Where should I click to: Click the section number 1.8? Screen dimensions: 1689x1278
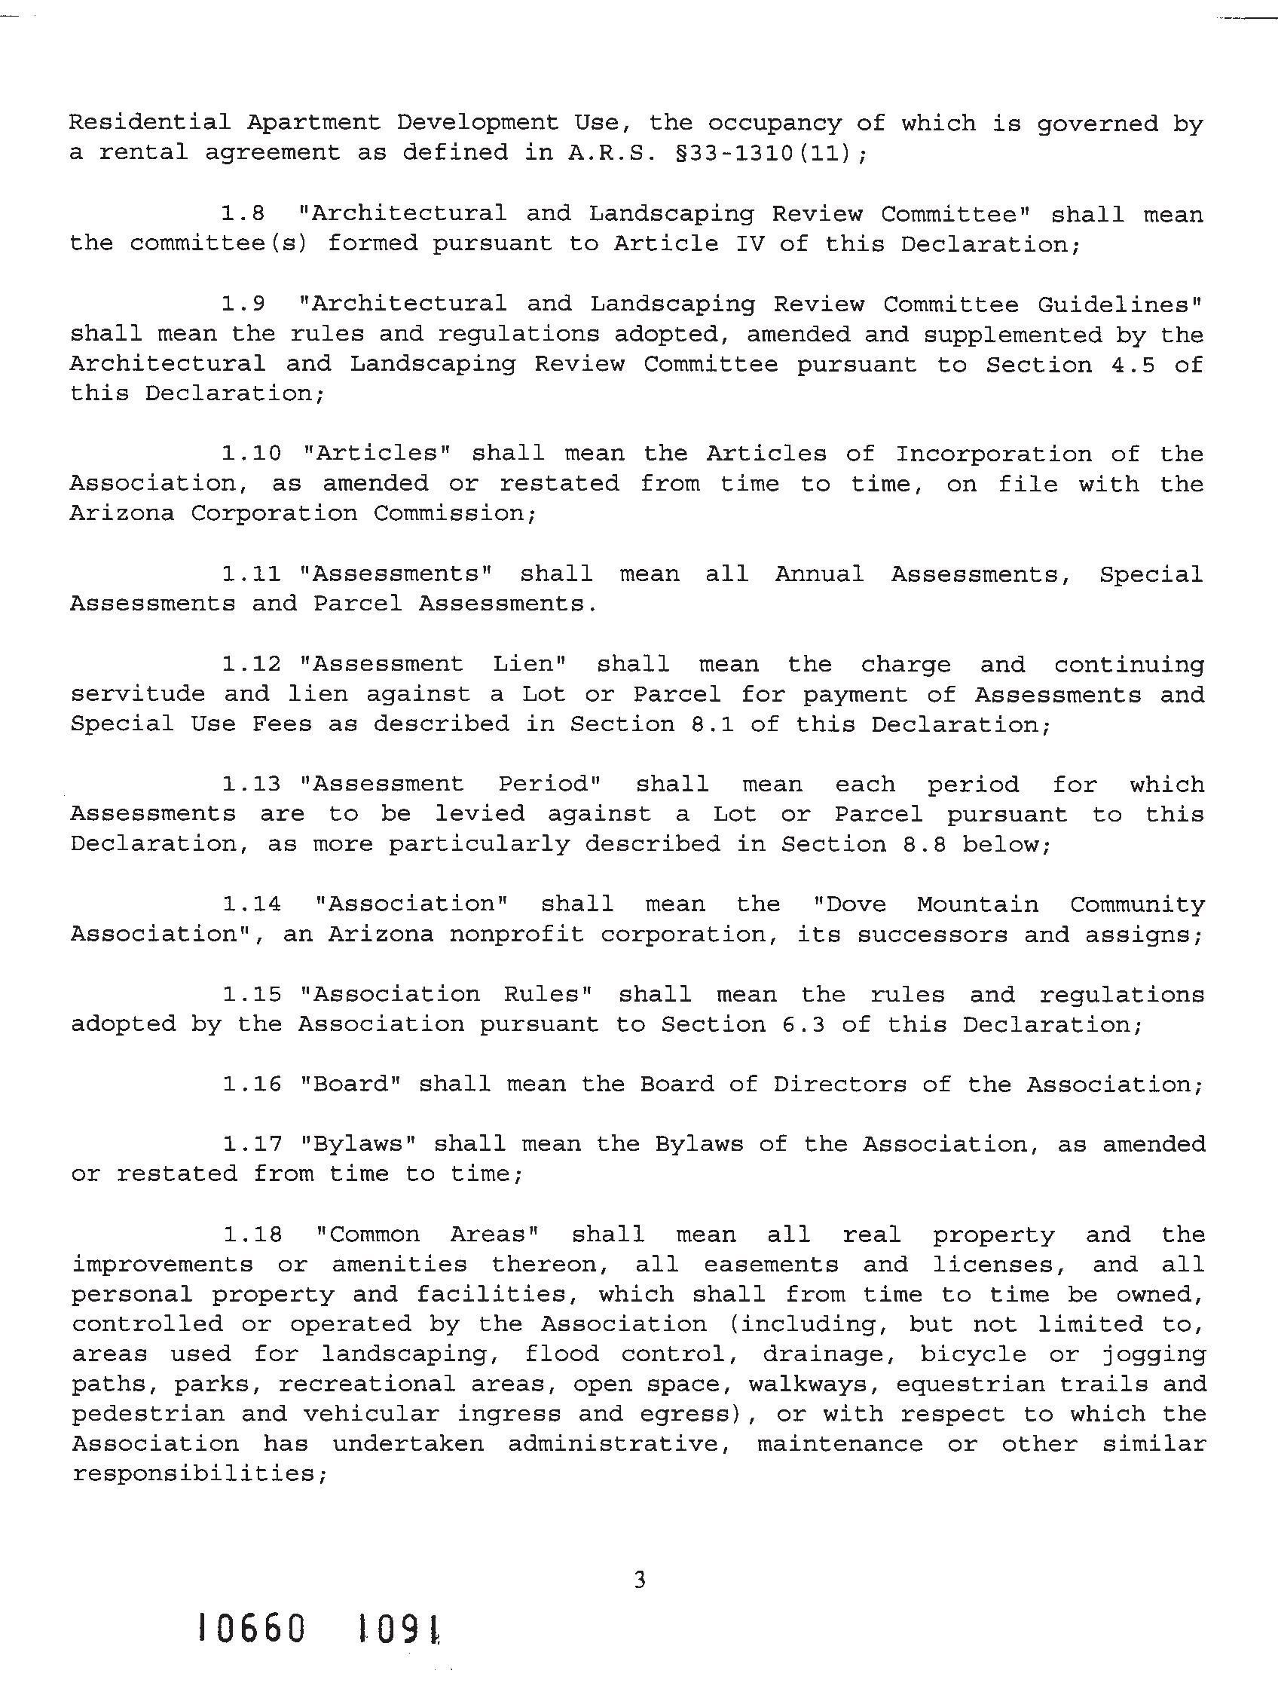pos(243,214)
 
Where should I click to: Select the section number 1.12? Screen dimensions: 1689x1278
pos(251,664)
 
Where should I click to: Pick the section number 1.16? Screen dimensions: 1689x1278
pos(251,1085)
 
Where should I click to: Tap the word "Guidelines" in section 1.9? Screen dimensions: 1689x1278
pos(1119,304)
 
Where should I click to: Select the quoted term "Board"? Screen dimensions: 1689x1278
pos(352,1085)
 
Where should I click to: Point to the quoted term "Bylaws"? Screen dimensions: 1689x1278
pos(359,1144)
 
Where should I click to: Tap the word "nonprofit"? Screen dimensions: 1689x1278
pos(517,935)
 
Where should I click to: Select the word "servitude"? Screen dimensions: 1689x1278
pos(138,694)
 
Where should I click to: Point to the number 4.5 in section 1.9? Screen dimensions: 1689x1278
pos(1132,365)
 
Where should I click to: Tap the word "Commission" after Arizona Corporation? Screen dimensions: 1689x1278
pos(454,513)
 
